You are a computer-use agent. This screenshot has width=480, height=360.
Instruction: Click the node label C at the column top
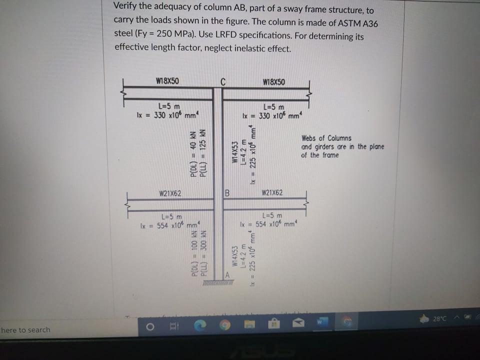(x=223, y=82)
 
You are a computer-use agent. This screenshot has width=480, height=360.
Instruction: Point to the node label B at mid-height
(x=226, y=192)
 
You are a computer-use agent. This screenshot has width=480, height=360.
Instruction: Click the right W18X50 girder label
(x=273, y=82)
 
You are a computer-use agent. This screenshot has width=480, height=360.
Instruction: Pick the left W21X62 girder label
(x=169, y=193)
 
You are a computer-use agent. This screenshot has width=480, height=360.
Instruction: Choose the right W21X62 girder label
(x=272, y=192)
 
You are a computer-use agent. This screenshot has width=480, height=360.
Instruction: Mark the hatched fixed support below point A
(x=218, y=284)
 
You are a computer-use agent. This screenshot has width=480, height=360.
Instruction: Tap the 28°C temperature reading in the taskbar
(x=439, y=318)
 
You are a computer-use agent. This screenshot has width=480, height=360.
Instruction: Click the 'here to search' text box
(x=26, y=330)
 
